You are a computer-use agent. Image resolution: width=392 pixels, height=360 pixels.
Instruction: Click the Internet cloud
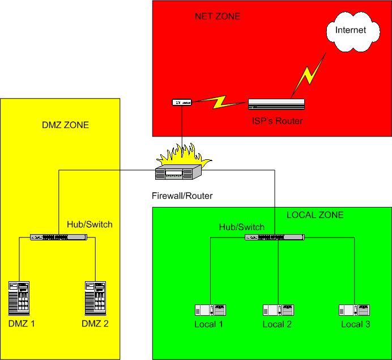351,31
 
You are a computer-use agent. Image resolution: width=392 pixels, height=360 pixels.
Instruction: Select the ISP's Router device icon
276,104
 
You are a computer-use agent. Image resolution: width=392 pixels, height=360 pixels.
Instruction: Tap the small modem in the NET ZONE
182,103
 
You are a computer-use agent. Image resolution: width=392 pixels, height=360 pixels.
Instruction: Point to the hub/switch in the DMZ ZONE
59,237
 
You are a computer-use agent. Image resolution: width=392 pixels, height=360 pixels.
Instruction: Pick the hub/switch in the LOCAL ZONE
274,237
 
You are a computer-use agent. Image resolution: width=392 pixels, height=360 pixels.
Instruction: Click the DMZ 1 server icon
19,298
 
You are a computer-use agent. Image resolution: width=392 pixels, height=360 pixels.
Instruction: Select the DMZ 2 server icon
95,298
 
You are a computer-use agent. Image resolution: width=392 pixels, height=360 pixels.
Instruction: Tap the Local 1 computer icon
210,310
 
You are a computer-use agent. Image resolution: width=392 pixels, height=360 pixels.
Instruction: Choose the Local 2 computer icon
278,310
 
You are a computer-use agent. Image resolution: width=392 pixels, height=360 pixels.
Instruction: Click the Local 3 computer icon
355,310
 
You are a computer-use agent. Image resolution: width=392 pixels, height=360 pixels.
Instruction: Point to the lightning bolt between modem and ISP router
219,103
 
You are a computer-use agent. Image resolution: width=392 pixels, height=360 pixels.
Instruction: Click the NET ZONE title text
218,16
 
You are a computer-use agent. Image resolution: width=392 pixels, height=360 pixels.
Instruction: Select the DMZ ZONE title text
66,125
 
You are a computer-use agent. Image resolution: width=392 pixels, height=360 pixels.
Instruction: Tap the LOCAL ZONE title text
315,215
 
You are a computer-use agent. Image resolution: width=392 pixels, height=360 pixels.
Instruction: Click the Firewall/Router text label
182,196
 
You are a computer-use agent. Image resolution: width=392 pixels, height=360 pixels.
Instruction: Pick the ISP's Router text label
277,121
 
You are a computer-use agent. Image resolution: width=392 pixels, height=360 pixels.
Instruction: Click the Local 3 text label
355,324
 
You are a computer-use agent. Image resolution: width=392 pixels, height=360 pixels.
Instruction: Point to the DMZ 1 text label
22,324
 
